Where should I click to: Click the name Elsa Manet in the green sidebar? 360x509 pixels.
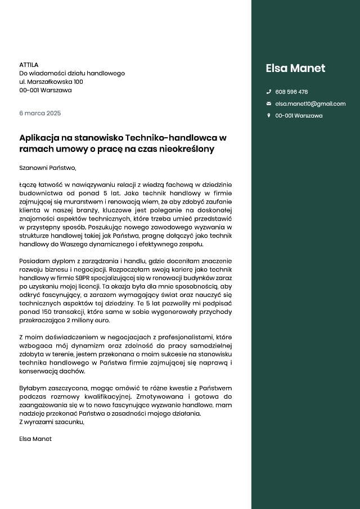pos(295,69)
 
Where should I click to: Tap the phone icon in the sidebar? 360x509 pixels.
pos(268,92)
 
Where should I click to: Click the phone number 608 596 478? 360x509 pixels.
pos(291,92)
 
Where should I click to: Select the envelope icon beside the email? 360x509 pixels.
pos(268,103)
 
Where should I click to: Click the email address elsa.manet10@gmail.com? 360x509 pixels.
pos(310,103)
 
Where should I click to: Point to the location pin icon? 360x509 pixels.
pos(268,115)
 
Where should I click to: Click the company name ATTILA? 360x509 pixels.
pos(29,65)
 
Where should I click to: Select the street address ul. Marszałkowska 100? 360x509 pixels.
pos(51,82)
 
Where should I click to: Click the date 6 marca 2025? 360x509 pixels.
pos(40,113)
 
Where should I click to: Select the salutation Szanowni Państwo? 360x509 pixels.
pos(47,167)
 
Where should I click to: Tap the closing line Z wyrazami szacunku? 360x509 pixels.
pos(52,422)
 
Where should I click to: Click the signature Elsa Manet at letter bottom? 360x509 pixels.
pos(35,439)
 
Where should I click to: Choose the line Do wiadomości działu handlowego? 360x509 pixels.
pos(72,73)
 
